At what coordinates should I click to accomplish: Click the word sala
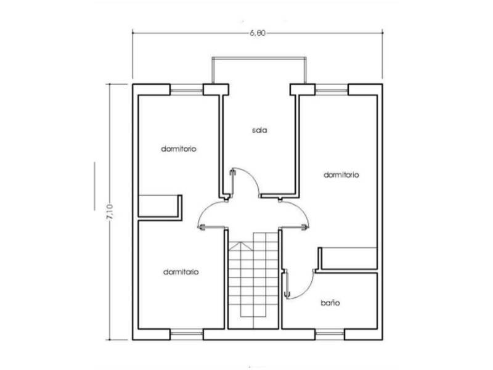pyautogui.click(x=259, y=130)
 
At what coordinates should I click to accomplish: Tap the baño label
pyautogui.click(x=330, y=303)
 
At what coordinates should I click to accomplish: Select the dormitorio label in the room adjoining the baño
pyautogui.click(x=341, y=175)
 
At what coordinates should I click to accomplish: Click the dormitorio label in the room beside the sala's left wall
pyautogui.click(x=179, y=149)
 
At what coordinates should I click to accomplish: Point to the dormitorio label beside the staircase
pyautogui.click(x=181, y=272)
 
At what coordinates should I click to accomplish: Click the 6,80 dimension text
pyautogui.click(x=258, y=33)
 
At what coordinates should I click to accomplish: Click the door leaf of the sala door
pyautogui.click(x=232, y=183)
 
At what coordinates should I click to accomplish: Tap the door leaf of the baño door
pyautogui.click(x=287, y=285)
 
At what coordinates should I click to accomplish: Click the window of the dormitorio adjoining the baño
pyautogui.click(x=332, y=91)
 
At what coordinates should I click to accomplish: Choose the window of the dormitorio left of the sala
pyautogui.click(x=187, y=91)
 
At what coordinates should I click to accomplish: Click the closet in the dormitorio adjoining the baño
pyautogui.click(x=348, y=258)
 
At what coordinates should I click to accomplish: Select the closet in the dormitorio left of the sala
pyautogui.click(x=160, y=207)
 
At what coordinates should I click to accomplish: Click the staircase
pyautogui.click(x=253, y=281)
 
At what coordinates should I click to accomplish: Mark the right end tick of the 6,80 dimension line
pyautogui.click(x=382, y=33)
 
